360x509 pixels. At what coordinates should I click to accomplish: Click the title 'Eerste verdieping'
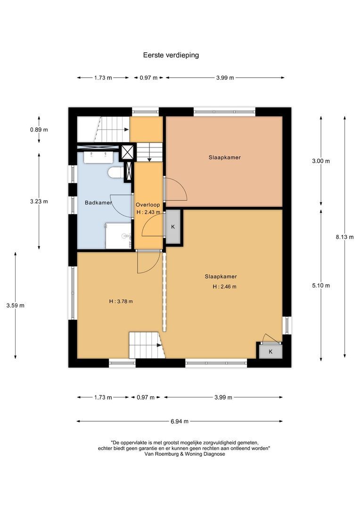[171, 55]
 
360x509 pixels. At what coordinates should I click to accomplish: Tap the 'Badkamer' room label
[98, 203]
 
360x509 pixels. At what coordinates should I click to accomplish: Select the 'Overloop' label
[147, 205]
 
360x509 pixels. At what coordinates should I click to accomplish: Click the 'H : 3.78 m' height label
[121, 301]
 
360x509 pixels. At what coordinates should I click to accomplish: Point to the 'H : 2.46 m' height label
[224, 286]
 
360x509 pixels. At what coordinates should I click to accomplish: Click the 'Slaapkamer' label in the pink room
[224, 157]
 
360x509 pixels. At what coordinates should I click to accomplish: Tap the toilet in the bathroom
[114, 173]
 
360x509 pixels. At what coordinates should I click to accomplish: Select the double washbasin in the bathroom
[100, 156]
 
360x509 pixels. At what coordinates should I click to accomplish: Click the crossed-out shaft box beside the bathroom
[127, 152]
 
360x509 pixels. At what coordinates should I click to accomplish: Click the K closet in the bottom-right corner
[270, 352]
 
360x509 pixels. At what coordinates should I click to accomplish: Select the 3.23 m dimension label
[39, 201]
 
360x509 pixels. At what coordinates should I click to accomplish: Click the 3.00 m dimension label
[321, 161]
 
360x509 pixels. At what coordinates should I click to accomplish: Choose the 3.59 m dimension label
[16, 305]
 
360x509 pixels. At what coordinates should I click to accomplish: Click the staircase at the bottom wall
[145, 345]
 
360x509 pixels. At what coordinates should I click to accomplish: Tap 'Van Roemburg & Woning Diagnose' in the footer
[181, 454]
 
